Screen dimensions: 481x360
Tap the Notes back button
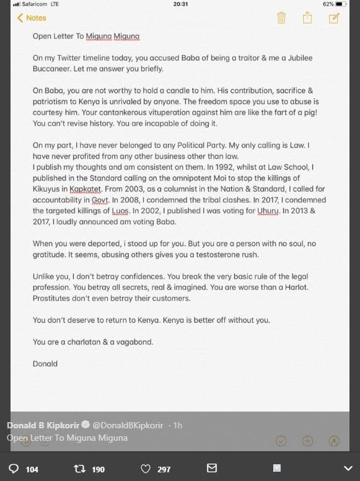(x=32, y=18)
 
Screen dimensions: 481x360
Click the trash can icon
(x=281, y=17)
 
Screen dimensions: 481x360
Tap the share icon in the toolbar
(x=307, y=17)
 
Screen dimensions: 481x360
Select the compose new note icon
(x=334, y=17)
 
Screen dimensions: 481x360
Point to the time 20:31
(x=180, y=4)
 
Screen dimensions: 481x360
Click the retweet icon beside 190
(x=79, y=469)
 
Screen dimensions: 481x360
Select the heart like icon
(x=146, y=469)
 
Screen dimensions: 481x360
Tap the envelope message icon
(x=212, y=469)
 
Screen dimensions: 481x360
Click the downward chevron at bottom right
(x=347, y=469)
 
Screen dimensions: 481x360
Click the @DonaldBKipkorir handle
(x=127, y=425)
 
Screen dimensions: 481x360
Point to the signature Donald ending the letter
(x=45, y=364)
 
